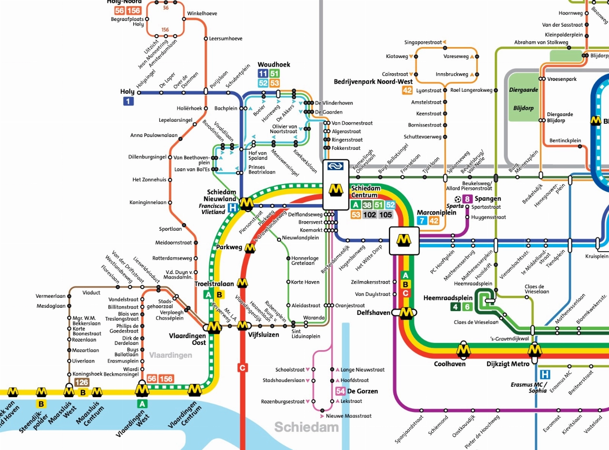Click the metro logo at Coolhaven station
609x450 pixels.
(463, 350)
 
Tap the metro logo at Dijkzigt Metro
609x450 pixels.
(535, 350)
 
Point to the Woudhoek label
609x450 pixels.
(274, 65)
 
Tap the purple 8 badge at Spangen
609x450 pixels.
(467, 199)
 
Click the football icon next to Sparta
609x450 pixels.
(458, 199)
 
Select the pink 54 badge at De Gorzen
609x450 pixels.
(340, 391)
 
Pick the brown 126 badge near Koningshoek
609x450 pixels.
(82, 382)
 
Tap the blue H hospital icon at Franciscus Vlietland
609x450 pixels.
(232, 207)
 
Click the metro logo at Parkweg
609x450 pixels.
(249, 247)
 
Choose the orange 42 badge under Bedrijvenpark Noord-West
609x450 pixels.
(407, 90)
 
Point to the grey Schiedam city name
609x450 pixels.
(306, 427)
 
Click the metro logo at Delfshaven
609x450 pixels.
(406, 313)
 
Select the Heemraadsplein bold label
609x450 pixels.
(448, 298)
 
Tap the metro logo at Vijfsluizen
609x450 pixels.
(243, 325)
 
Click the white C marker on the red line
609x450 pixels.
(243, 367)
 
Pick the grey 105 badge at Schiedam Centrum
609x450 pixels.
(386, 215)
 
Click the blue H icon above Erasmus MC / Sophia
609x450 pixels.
(545, 374)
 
